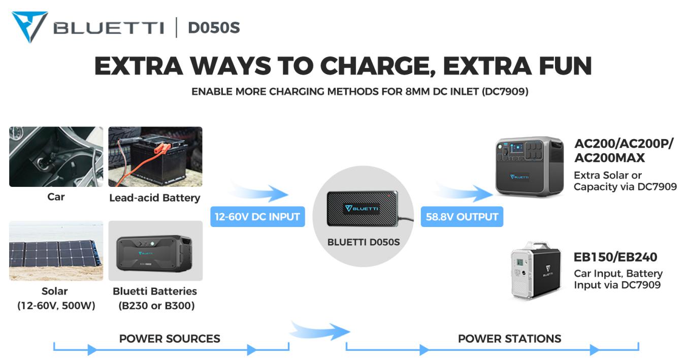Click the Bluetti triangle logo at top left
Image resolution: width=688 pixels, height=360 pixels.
pos(29,26)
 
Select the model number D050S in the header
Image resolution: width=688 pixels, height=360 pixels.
pos(214,27)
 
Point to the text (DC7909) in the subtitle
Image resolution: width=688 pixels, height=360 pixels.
pos(505,91)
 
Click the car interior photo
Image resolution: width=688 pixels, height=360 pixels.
pos(56,157)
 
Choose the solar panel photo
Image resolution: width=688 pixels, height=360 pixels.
pos(56,251)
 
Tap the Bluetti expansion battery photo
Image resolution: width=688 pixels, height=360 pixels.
pos(155,251)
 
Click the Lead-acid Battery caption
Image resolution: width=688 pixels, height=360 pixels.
pos(155,198)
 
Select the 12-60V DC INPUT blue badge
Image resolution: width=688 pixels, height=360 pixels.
pos(258,217)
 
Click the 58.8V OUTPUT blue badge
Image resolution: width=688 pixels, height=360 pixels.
pos(462,217)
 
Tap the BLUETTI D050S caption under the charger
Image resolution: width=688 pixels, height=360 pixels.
pos(364,242)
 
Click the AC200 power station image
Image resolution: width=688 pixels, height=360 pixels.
pos(529,166)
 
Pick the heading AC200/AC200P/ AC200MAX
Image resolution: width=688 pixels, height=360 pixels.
pos(624,151)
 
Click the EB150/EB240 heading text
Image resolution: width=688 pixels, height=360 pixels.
pos(615,257)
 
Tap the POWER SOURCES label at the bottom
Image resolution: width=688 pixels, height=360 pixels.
pos(170,339)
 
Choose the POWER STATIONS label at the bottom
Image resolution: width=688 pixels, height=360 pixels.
pos(510,339)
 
